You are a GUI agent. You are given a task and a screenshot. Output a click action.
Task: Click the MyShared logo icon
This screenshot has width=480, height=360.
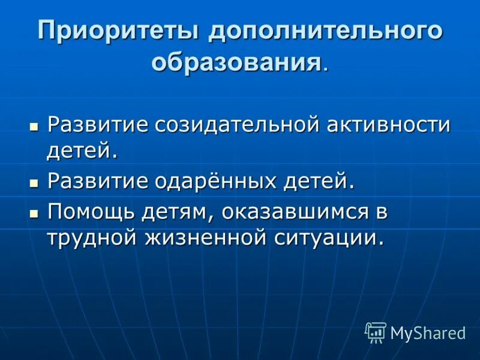coord(376,332)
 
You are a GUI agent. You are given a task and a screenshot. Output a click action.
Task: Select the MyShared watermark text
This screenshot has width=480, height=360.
coord(427,333)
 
